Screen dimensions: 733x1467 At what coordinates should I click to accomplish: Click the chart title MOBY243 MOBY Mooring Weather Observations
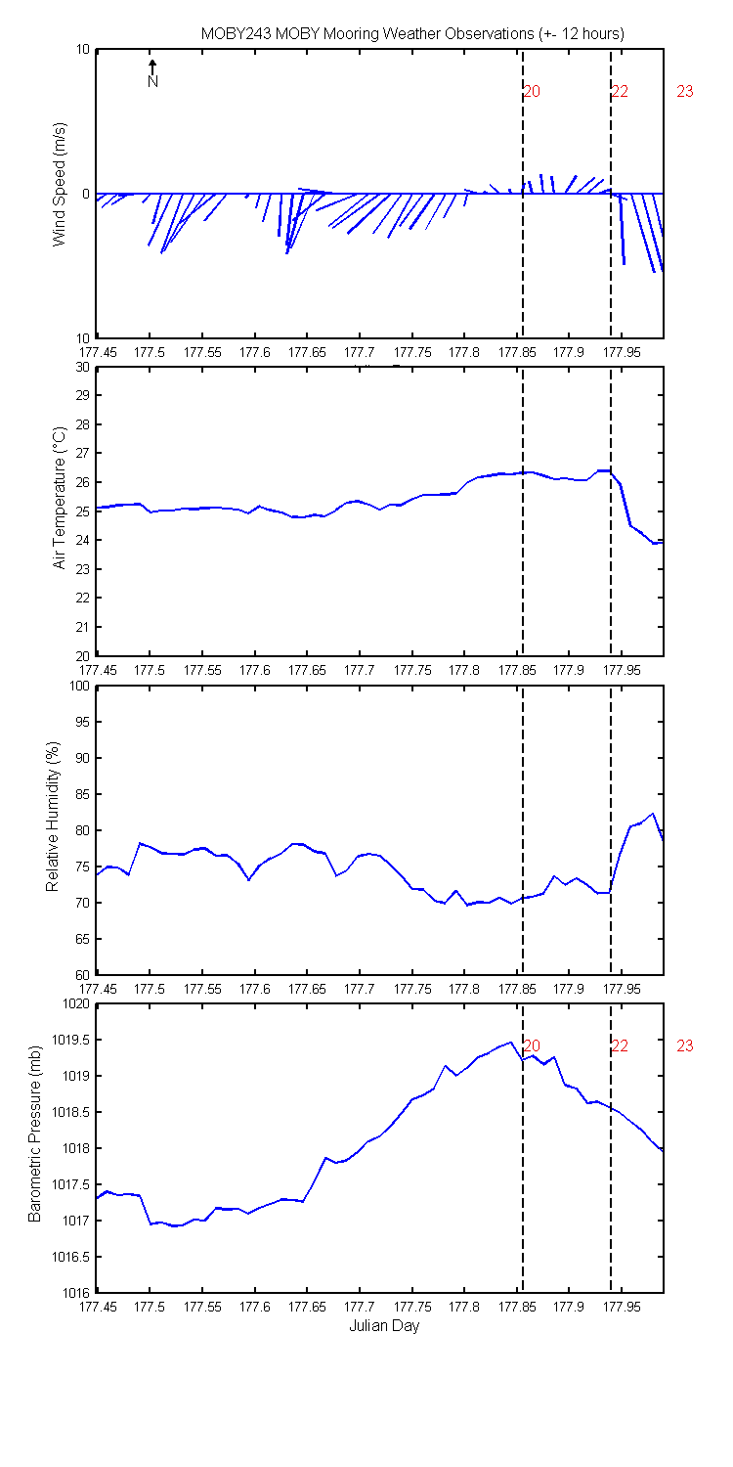[367, 33]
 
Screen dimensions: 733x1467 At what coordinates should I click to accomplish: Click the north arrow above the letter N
[152, 67]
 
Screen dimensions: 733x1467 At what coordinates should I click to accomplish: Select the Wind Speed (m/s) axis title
[59, 184]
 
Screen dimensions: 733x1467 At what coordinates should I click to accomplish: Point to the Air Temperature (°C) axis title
[59, 499]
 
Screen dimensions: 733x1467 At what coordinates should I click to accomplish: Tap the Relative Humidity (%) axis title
[53, 817]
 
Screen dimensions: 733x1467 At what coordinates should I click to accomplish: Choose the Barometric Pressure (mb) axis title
[34, 1134]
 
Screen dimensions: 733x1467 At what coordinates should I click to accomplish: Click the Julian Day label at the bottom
[384, 1326]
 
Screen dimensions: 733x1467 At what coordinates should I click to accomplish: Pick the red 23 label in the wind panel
[684, 91]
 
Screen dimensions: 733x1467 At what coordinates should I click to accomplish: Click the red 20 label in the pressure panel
[532, 1045]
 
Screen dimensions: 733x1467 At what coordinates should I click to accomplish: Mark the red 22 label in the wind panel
[620, 91]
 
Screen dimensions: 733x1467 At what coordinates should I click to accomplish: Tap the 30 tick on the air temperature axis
[82, 367]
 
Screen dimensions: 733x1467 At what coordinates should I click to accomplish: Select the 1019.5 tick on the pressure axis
[71, 1040]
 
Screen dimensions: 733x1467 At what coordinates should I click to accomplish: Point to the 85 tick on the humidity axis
[82, 794]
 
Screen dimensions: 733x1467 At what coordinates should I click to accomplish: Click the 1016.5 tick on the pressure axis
[71, 1257]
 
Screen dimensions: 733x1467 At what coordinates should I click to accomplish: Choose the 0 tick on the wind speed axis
[86, 194]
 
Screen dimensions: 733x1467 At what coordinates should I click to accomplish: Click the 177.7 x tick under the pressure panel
[360, 1308]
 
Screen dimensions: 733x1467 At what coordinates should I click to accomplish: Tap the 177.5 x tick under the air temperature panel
[150, 671]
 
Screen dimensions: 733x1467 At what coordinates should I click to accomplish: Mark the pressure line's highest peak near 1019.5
[510, 1042]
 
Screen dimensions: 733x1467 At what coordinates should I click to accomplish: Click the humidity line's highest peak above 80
[653, 814]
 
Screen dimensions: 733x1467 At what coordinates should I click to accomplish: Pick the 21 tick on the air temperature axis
[82, 627]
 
